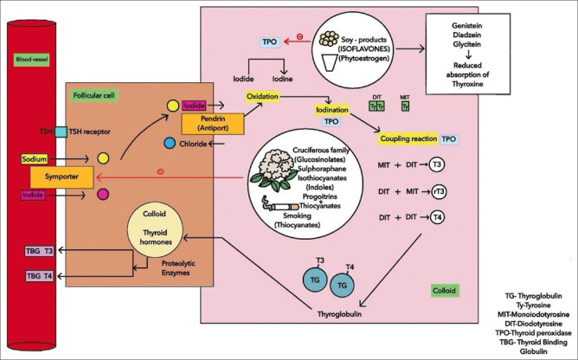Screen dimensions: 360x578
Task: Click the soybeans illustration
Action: [330, 39]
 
